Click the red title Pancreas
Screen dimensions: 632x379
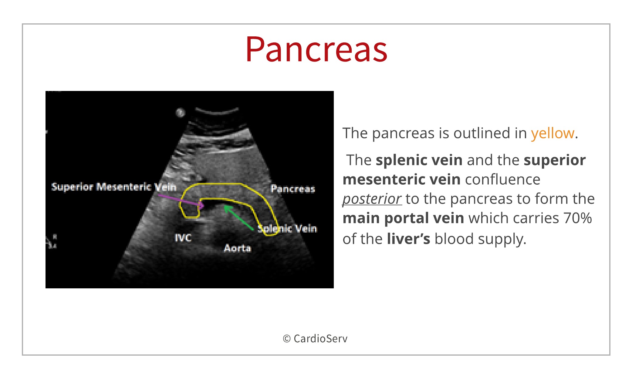(x=316, y=49)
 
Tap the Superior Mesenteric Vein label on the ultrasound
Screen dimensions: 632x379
(x=114, y=187)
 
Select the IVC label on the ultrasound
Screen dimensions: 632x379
(x=183, y=238)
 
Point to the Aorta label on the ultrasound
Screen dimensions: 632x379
(x=238, y=248)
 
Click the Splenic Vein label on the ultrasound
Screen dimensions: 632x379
(x=287, y=228)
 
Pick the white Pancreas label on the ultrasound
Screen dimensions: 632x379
(x=293, y=189)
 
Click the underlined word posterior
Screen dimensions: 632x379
(x=372, y=199)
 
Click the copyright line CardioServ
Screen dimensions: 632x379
(x=315, y=339)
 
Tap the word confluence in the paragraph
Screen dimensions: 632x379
(x=502, y=179)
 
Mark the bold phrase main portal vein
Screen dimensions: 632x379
(x=403, y=218)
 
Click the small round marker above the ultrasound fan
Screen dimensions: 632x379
(x=180, y=112)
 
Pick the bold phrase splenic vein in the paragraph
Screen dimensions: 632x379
(x=419, y=160)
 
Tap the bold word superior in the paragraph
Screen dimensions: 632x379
(x=555, y=160)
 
